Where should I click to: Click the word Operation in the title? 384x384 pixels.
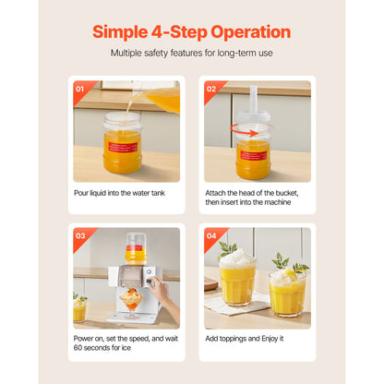click(x=250, y=32)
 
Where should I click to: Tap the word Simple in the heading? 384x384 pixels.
click(x=120, y=32)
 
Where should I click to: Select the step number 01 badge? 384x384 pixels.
click(x=79, y=90)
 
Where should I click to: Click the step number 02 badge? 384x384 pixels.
click(x=211, y=90)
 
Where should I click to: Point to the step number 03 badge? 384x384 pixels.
click(x=80, y=236)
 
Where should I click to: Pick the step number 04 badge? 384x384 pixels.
click(x=211, y=236)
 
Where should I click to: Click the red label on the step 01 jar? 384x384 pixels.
click(x=123, y=148)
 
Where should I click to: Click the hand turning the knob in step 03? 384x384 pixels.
click(x=163, y=294)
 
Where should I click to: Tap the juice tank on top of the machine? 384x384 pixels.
click(x=136, y=248)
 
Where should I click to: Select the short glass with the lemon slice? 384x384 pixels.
click(x=287, y=293)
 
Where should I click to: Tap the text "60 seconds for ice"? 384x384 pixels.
click(x=102, y=348)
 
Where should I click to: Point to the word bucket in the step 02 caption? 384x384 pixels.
click(x=287, y=193)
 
